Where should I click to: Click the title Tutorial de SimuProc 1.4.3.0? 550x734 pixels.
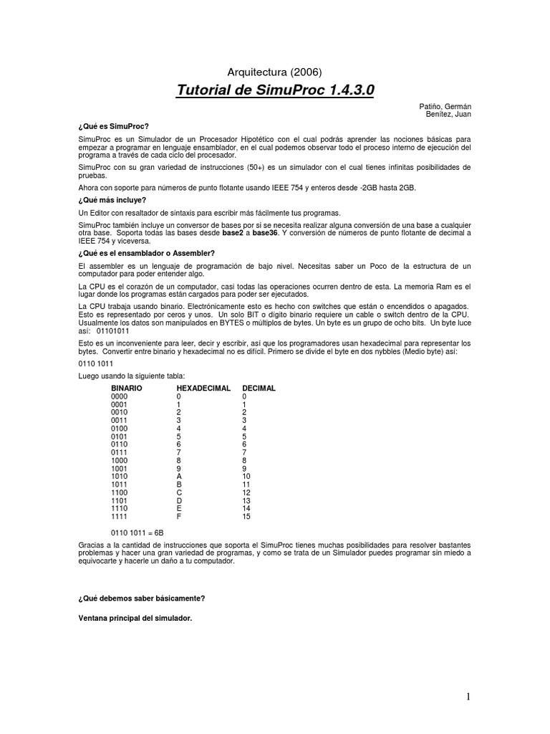tap(275, 91)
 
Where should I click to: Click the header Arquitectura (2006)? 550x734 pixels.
tap(275, 72)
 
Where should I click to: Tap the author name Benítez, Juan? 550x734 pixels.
tap(448, 114)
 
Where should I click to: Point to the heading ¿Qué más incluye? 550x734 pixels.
tap(112, 200)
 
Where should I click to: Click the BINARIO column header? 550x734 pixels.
tap(127, 388)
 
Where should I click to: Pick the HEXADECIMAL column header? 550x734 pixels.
tap(203, 388)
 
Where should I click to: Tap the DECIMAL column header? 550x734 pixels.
tap(259, 388)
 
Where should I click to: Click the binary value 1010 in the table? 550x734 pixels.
tap(119, 476)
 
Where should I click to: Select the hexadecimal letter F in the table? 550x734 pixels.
tap(179, 516)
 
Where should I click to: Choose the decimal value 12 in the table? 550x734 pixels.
tap(246, 492)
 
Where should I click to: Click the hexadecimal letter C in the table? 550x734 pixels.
tap(179, 492)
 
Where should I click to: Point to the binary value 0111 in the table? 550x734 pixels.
tap(119, 452)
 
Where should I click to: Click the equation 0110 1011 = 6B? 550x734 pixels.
tap(137, 533)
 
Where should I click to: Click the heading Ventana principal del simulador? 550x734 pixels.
tap(135, 616)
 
